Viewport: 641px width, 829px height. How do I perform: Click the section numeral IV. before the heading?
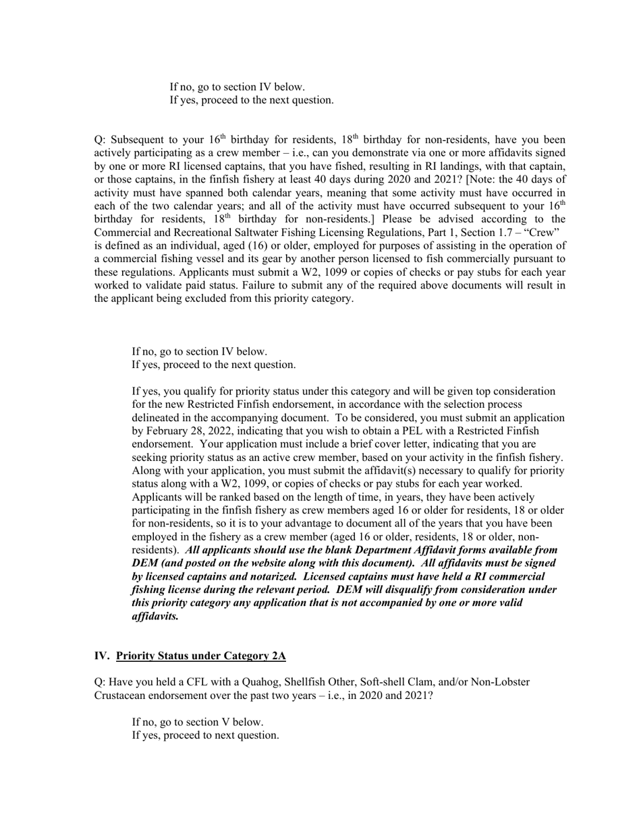click(102, 655)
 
